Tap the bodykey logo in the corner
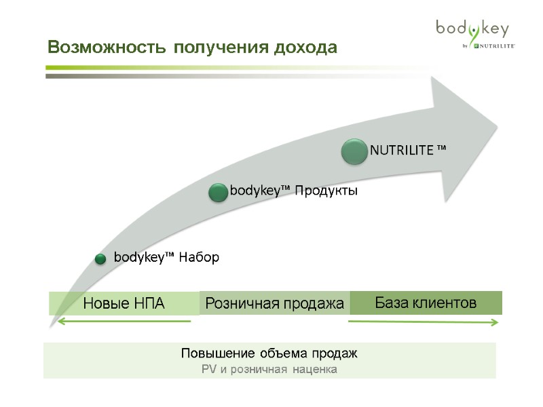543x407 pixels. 472,28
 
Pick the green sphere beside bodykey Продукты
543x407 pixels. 218,192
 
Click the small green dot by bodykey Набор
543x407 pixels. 100,258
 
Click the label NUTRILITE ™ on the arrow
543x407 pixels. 407,150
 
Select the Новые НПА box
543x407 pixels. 124,303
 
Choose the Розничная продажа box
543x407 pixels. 274,303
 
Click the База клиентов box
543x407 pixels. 426,303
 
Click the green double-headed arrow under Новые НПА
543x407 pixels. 123,322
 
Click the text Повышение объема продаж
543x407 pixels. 269,353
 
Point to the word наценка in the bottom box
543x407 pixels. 316,370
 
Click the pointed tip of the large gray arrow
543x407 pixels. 498,126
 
